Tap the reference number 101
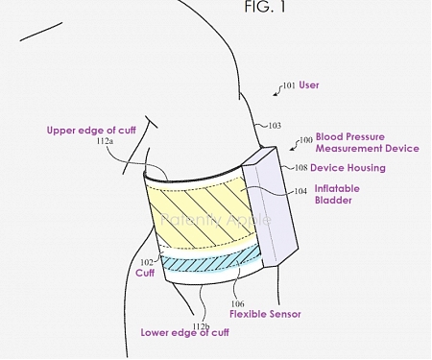pos(289,85)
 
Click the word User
pos(310,85)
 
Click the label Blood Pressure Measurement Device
pos(367,143)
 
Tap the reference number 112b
pos(199,326)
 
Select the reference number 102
pos(146,261)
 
